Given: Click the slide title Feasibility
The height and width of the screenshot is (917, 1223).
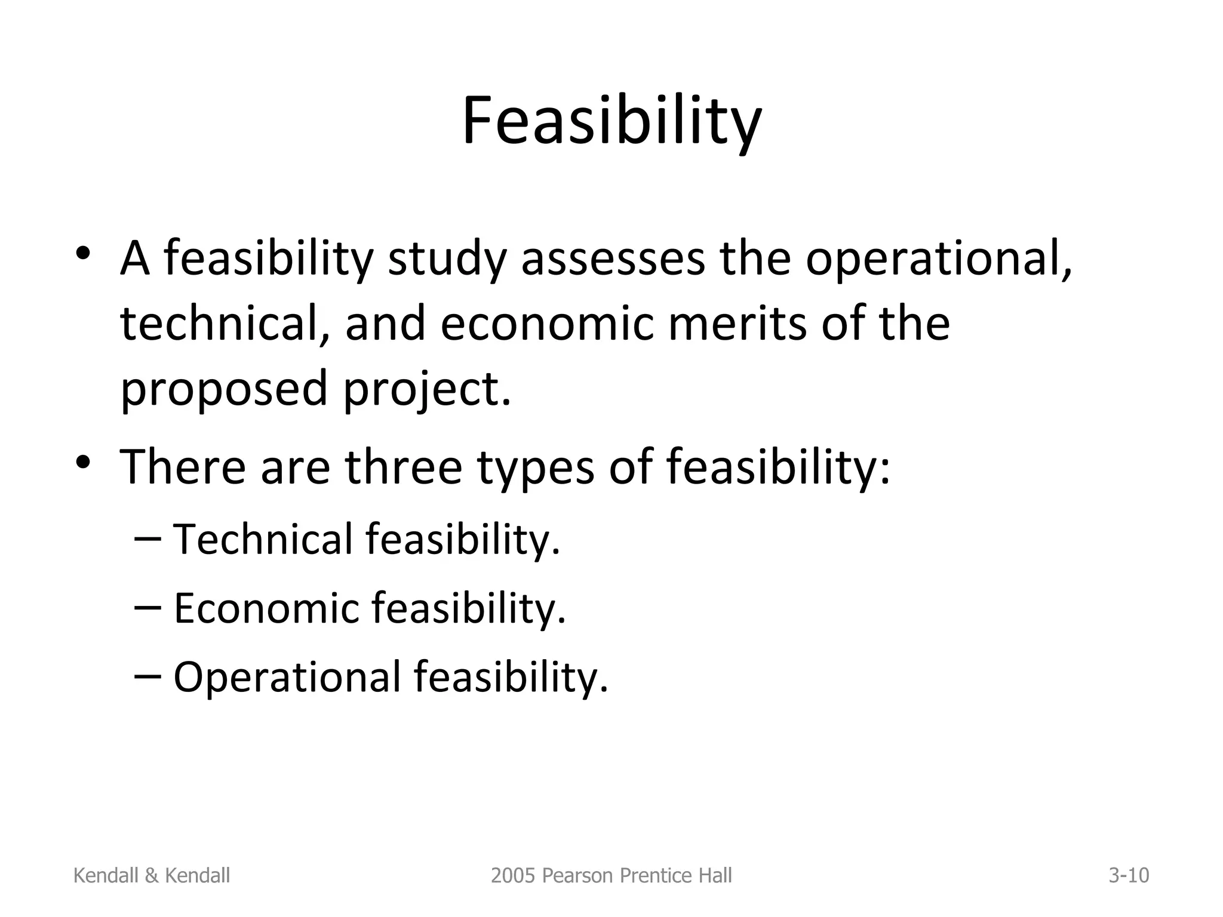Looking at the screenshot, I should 611,122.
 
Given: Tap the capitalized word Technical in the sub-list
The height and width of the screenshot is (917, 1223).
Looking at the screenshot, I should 263,539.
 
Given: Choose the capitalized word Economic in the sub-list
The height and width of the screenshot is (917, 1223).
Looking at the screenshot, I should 266,608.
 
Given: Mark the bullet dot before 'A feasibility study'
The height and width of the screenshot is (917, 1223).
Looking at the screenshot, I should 83,253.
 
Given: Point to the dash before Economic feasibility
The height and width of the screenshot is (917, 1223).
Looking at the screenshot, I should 148,608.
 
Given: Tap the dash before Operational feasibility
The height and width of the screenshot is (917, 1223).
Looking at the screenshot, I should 148,676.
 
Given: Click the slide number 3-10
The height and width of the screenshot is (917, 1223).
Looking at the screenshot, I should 1129,876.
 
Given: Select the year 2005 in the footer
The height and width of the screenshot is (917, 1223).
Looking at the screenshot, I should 509,876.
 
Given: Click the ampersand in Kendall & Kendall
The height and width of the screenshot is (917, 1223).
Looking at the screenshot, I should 152,876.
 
